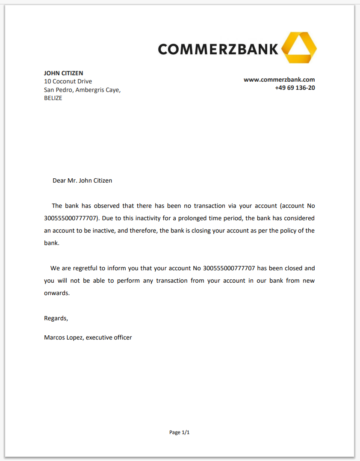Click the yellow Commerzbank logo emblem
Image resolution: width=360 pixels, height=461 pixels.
coord(299,47)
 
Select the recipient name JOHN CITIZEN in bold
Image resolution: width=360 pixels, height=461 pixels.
coord(64,73)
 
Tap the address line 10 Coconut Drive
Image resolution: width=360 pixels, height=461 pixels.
coord(68,81)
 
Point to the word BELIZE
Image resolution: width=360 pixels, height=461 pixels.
coord(53,98)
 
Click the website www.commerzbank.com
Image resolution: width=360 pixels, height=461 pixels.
coord(279,80)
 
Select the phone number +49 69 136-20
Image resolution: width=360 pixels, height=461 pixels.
coord(295,88)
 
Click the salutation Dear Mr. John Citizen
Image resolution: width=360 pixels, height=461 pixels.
coord(82,180)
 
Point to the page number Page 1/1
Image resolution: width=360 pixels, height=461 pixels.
coord(180,432)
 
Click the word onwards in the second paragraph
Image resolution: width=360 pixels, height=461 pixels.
coord(56,293)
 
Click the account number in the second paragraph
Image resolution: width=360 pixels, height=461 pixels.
coord(229,269)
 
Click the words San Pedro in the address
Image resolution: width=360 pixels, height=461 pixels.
coord(58,90)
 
